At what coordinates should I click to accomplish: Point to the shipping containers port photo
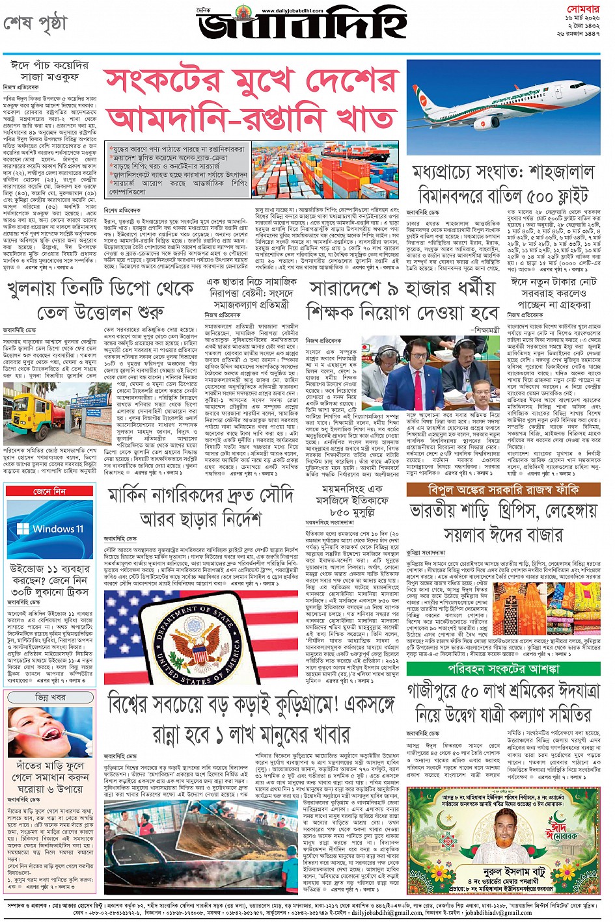tap(325, 170)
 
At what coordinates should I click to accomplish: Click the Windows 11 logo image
tap(49, 528)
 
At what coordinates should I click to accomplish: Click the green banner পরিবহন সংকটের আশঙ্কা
tap(503, 668)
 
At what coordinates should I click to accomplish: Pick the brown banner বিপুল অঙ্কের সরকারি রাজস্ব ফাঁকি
tap(503, 490)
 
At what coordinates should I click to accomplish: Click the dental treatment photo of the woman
tap(49, 733)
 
